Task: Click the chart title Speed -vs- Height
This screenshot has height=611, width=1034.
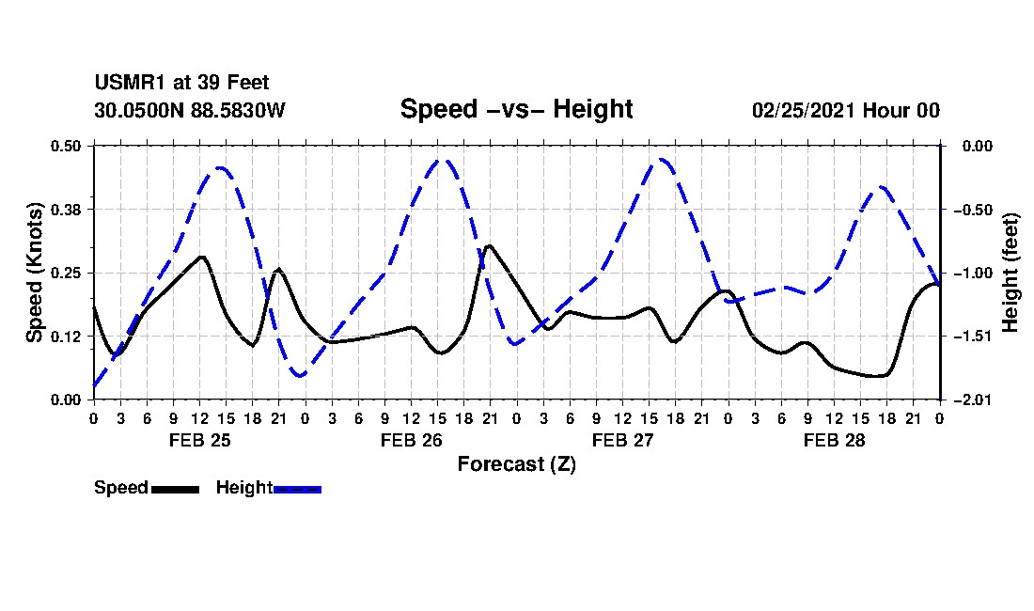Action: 516,109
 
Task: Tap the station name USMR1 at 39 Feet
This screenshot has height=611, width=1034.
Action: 181,83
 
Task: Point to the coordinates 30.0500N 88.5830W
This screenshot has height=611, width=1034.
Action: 189,110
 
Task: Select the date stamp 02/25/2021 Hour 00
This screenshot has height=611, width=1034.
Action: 845,110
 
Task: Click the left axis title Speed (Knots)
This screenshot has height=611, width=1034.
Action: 34,273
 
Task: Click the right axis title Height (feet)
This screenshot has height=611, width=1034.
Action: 1010,273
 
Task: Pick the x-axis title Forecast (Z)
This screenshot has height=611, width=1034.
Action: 516,464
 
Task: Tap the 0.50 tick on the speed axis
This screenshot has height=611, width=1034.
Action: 66,146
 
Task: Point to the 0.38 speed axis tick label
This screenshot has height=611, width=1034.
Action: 66,210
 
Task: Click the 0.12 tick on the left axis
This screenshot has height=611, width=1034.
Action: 66,337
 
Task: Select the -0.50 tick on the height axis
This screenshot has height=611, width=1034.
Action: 973,210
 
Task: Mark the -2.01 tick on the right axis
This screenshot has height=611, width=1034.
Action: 973,399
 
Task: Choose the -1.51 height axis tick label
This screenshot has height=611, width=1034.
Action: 973,337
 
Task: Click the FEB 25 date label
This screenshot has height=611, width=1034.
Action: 200,440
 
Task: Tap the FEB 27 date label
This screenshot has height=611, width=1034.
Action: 622,440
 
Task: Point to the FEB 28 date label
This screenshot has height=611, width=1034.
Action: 834,440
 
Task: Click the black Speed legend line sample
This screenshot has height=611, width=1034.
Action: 175,489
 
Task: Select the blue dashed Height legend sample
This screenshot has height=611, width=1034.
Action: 297,489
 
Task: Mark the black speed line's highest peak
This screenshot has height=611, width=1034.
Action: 488,246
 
